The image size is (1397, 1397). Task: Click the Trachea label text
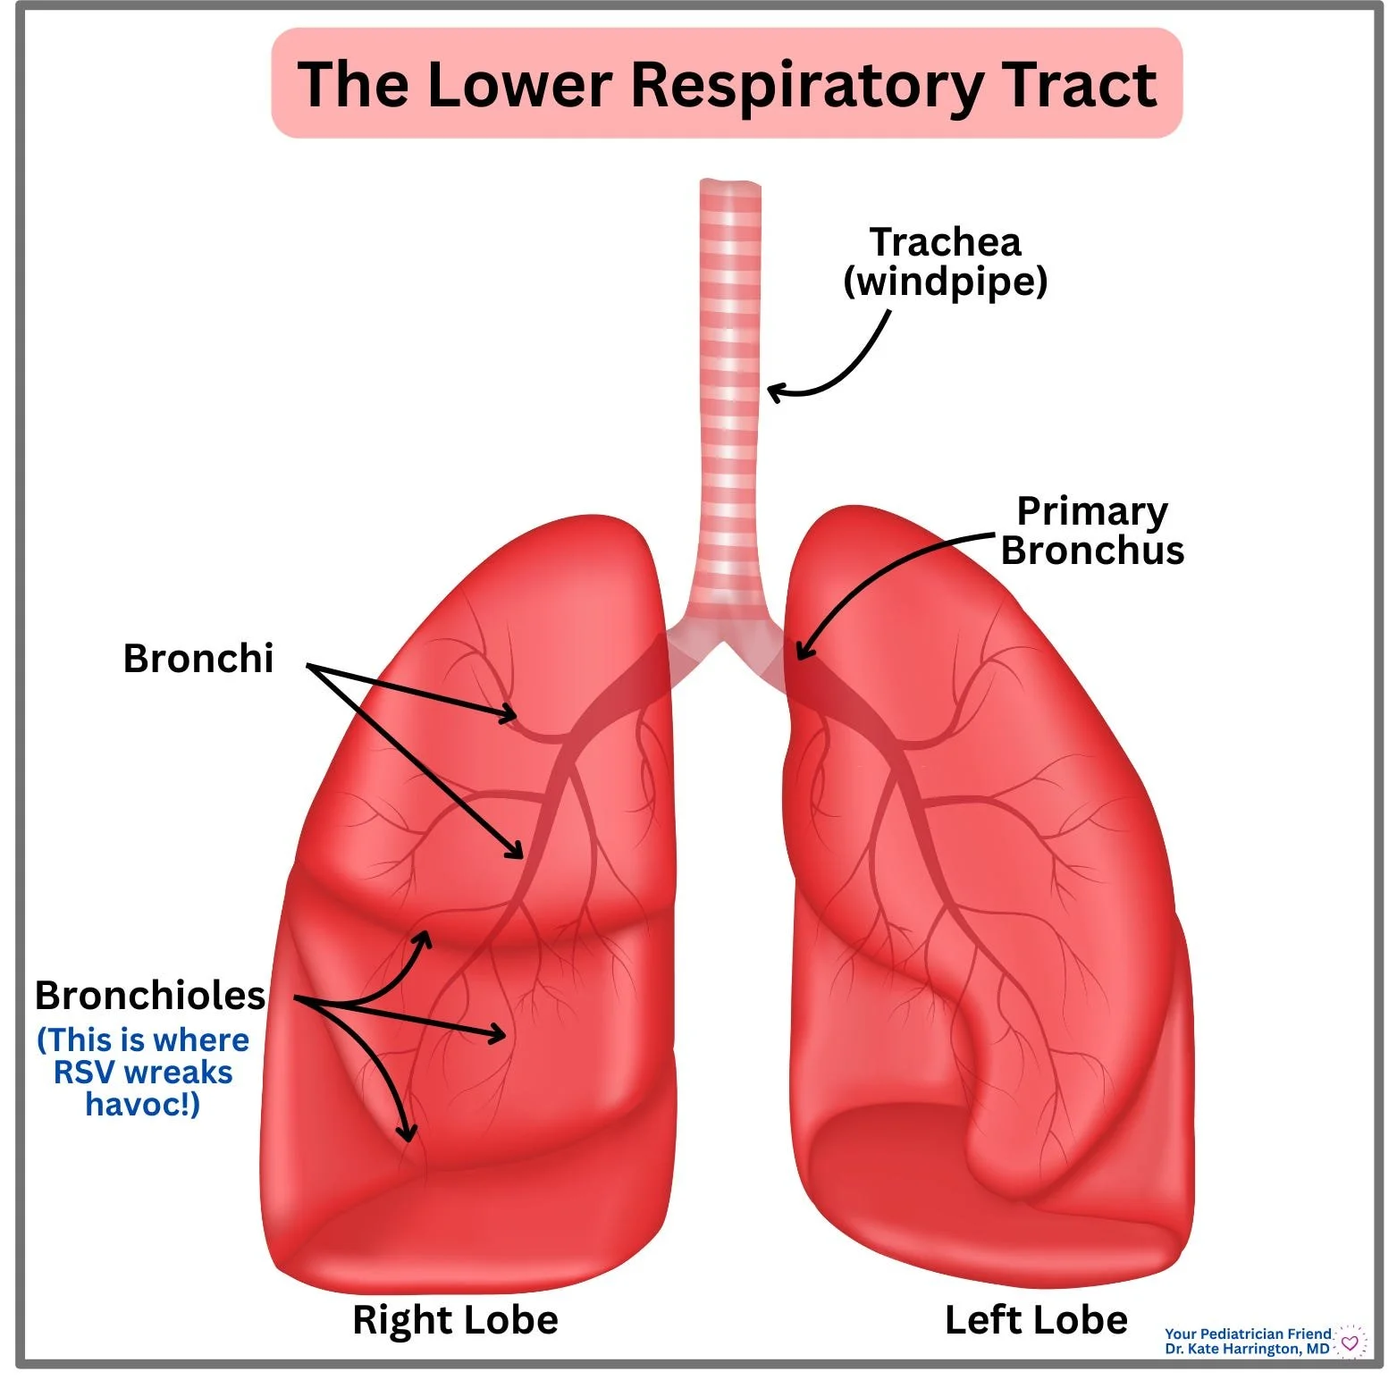(945, 242)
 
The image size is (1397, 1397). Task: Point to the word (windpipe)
(945, 282)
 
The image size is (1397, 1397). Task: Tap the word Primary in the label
(1091, 512)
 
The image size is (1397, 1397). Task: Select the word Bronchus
(1091, 551)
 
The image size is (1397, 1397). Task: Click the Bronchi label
(198, 659)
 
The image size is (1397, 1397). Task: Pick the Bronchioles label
(150, 996)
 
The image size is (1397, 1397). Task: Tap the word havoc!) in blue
(143, 1105)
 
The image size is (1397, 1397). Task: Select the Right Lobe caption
(455, 1320)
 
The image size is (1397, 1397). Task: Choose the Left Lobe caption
(1036, 1320)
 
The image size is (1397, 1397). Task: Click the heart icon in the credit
(1350, 1342)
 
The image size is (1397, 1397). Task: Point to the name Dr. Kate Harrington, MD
(1247, 1349)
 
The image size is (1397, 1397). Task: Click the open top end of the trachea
(730, 185)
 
